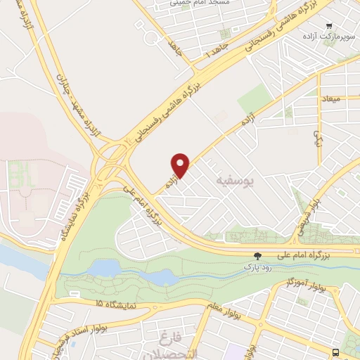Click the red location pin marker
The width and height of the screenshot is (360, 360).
[181, 165]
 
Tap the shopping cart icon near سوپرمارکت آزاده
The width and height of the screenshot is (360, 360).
[328, 26]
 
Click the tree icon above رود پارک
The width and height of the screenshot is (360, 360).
[258, 257]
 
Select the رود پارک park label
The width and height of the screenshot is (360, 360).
[257, 268]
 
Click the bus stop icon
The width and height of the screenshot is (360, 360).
[336, 352]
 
